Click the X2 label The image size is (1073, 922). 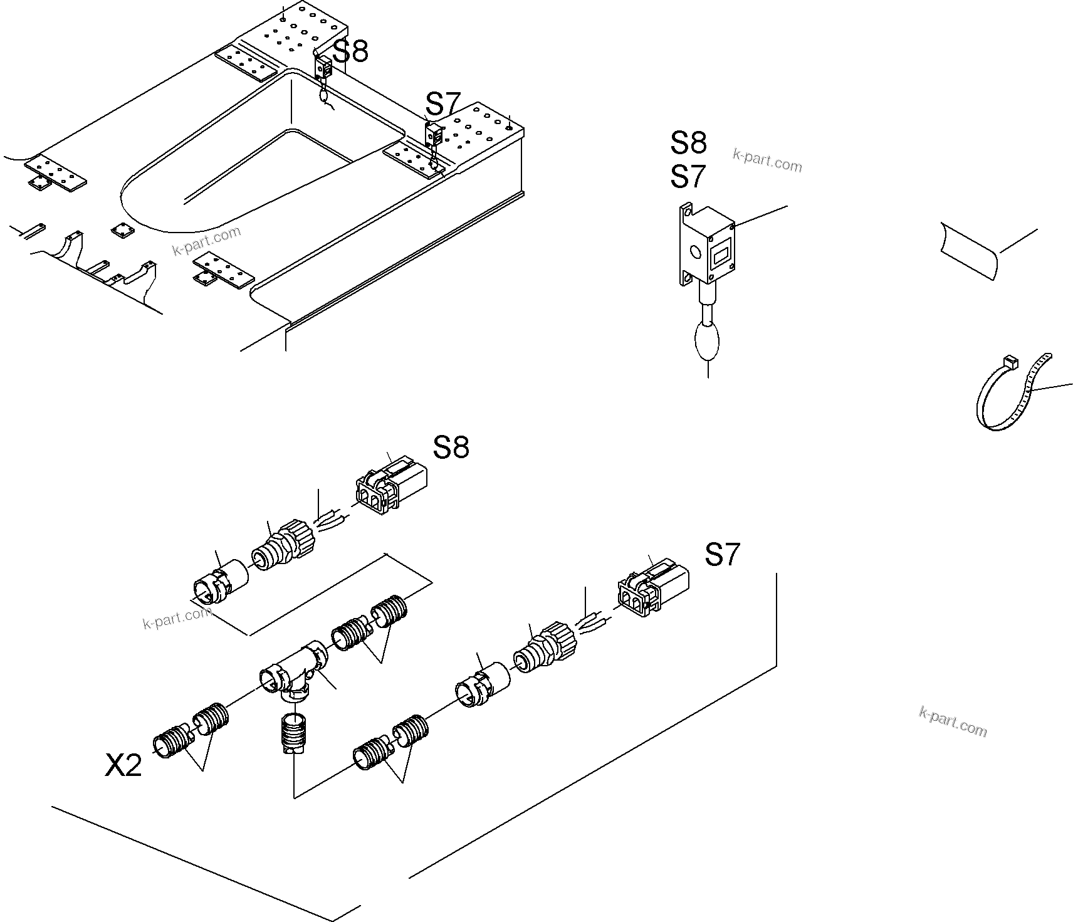[123, 765]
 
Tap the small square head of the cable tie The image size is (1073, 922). [1009, 361]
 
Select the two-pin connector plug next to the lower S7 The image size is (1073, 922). [652, 588]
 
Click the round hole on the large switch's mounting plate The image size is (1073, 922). [694, 253]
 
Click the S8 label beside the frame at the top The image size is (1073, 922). [350, 51]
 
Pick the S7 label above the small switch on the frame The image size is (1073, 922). [443, 103]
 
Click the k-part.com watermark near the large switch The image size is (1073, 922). [767, 161]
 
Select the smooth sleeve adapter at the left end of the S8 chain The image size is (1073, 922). [220, 582]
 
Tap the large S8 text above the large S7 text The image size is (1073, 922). [688, 143]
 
